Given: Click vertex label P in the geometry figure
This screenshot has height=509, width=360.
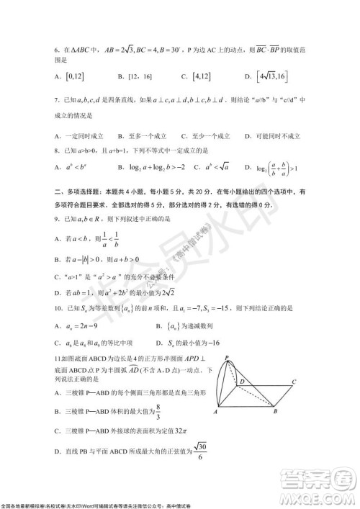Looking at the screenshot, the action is click(x=225, y=357).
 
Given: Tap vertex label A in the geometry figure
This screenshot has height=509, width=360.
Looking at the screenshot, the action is click(x=215, y=413).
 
